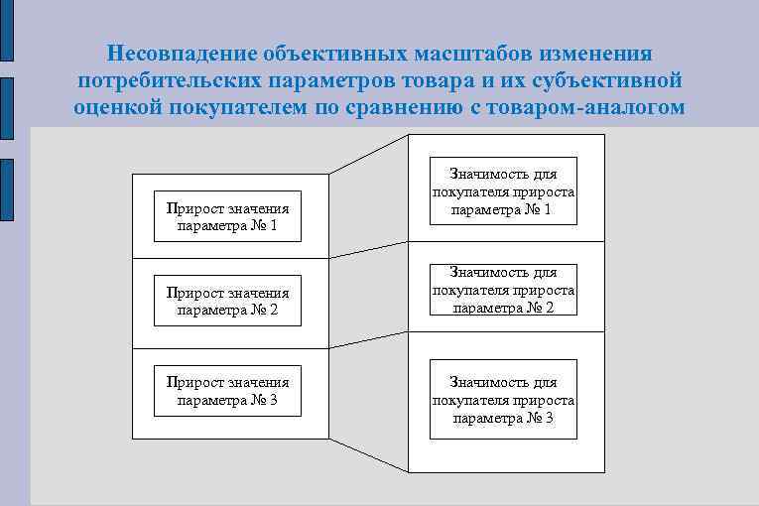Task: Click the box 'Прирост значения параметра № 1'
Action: pos(228,216)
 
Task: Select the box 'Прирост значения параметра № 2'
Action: pos(228,301)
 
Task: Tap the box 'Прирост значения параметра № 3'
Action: pos(228,391)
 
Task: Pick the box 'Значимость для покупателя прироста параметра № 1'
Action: pos(503,190)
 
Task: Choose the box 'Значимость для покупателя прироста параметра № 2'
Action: pos(503,289)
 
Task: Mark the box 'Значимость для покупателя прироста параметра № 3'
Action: pos(503,400)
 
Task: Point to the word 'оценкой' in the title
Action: pos(112,107)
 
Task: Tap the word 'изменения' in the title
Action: pos(603,52)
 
